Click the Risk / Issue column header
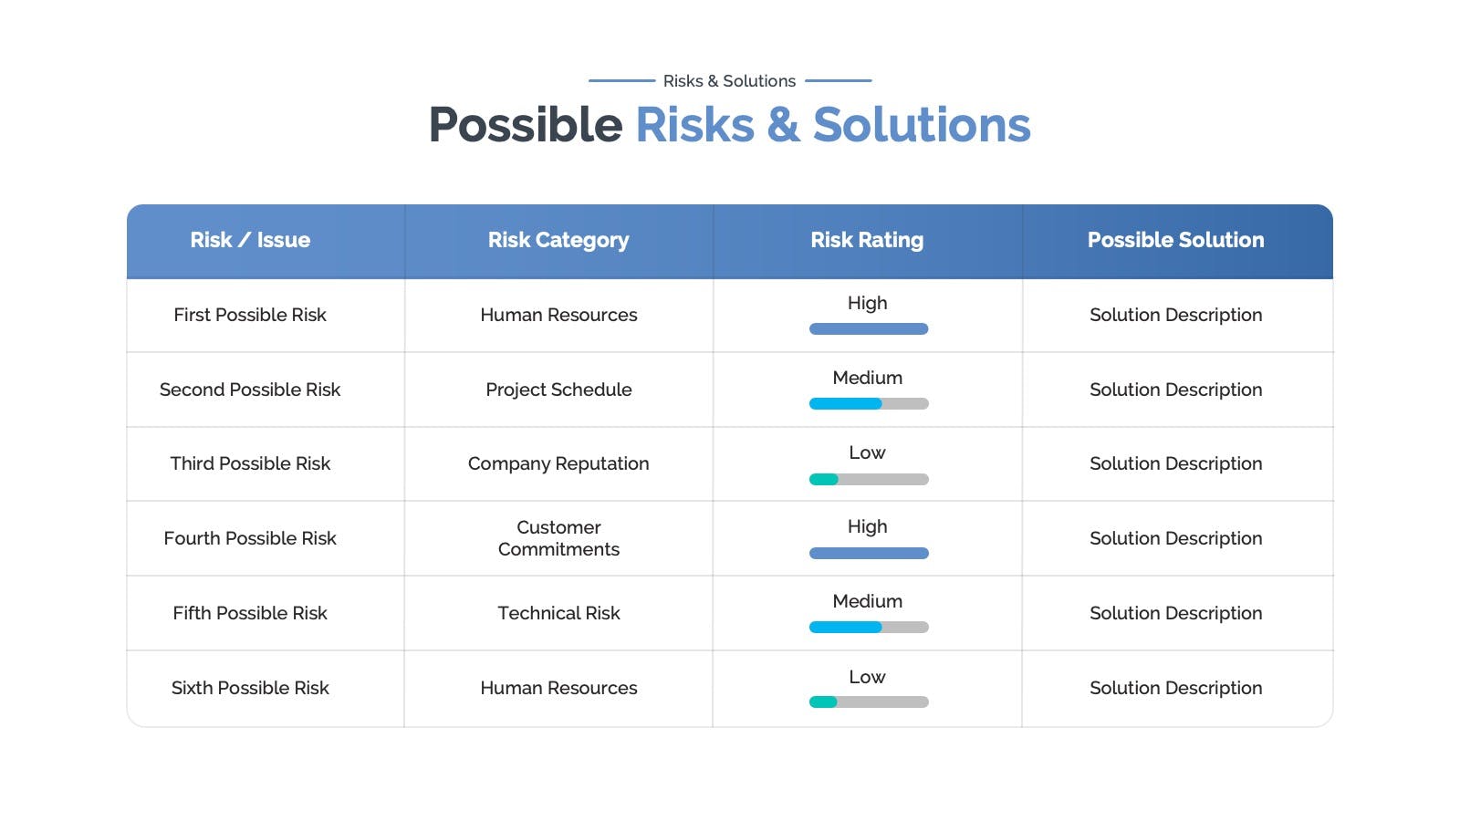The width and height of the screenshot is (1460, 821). tap(250, 240)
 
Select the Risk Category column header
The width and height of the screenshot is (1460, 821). tap(558, 241)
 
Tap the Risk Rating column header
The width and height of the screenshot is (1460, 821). tap(867, 241)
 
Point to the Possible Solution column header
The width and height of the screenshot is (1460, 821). tap(1176, 240)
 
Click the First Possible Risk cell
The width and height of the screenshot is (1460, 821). tap(250, 315)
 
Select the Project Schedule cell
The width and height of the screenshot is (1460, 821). tap(558, 390)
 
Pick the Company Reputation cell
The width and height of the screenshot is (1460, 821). tap(558, 464)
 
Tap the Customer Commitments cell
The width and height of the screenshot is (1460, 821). tap(558, 538)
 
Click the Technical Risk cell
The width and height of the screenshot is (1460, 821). tap(558, 613)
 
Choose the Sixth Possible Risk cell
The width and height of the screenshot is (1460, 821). tap(250, 688)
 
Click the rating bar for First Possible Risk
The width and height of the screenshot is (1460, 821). tap(869, 329)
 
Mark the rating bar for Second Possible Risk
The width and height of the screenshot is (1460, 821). tap(869, 404)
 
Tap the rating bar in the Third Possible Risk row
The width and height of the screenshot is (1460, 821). tap(869, 480)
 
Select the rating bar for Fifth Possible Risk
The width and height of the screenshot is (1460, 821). tap(869, 628)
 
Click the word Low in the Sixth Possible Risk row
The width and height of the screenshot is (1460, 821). tap(867, 677)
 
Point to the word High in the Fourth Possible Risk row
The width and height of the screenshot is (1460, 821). tap(867, 526)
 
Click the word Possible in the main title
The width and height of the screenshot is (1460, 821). tap(526, 124)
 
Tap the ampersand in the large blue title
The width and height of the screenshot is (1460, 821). tap(783, 124)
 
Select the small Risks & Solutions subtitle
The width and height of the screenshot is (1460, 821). tap(729, 81)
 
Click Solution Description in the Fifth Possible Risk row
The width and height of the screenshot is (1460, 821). tap(1176, 613)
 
